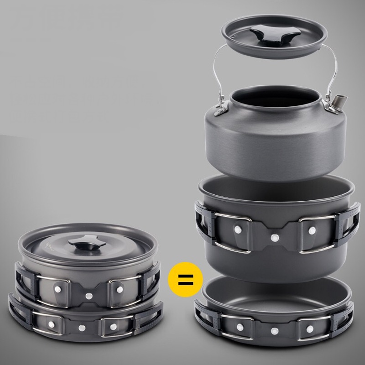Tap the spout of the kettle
(337, 101)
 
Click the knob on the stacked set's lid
(83, 246)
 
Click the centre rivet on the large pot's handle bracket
(274, 237)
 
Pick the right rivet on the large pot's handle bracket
(311, 231)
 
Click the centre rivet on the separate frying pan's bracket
(274, 331)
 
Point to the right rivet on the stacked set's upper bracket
(119, 289)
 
